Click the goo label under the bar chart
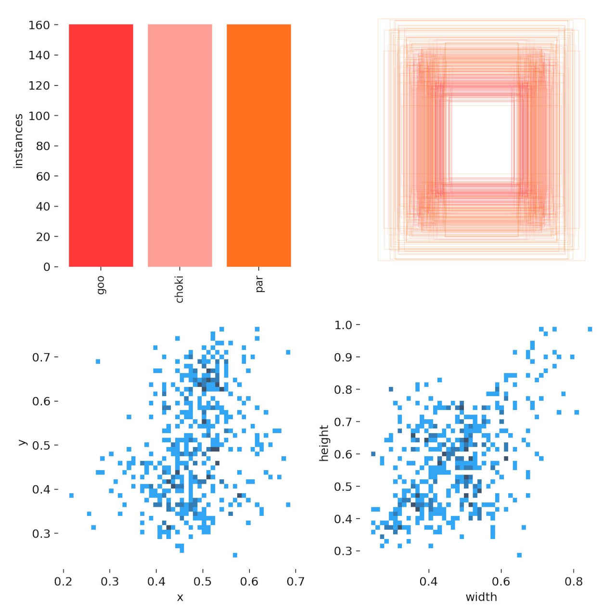tap(101, 285)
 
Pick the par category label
tap(259, 284)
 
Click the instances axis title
tap(19, 141)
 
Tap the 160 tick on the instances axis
tap(39, 25)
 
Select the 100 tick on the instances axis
tap(39, 116)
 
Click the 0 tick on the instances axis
tap(47, 267)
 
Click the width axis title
tap(481, 597)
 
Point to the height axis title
tap(324, 443)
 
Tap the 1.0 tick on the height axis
tap(344, 325)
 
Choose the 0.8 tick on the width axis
tap(574, 582)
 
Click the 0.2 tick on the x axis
tap(64, 582)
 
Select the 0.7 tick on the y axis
tap(41, 357)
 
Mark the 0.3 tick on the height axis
tap(344, 551)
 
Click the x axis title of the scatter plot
tap(180, 598)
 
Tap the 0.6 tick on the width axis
tap(501, 582)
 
